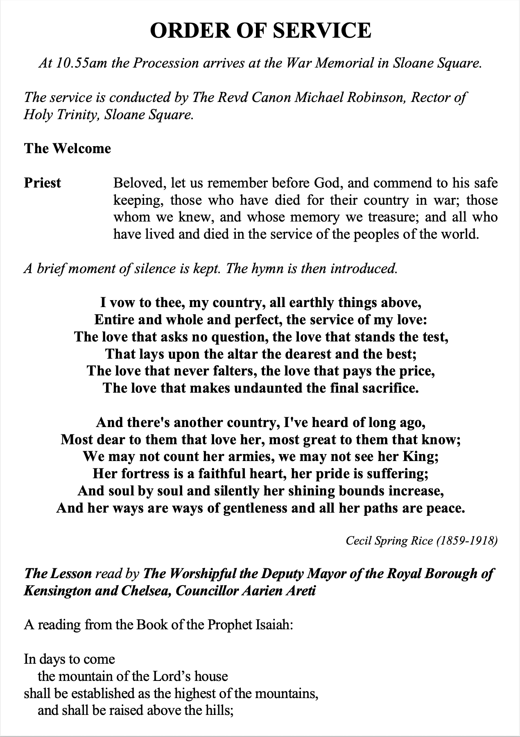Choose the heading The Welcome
pyautogui.click(x=68, y=148)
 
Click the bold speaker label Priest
pyautogui.click(x=43, y=183)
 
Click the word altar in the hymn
pyautogui.click(x=213, y=353)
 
